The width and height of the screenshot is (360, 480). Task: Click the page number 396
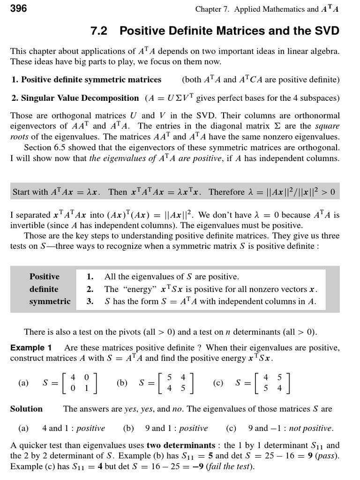pos(18,8)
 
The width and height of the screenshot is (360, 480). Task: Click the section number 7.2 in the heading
pos(98,31)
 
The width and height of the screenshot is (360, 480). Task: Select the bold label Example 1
pos(31,347)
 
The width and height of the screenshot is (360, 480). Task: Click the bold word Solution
pos(26,409)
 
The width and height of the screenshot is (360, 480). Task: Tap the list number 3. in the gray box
pos(90,301)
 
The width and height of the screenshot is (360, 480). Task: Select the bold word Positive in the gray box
pos(45,277)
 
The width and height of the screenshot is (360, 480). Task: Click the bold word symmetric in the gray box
pos(50,301)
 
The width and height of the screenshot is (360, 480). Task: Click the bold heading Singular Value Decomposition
pos(75,98)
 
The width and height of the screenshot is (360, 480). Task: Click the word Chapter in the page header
pos(210,9)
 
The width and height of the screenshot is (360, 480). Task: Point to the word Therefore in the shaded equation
pos(226,192)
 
